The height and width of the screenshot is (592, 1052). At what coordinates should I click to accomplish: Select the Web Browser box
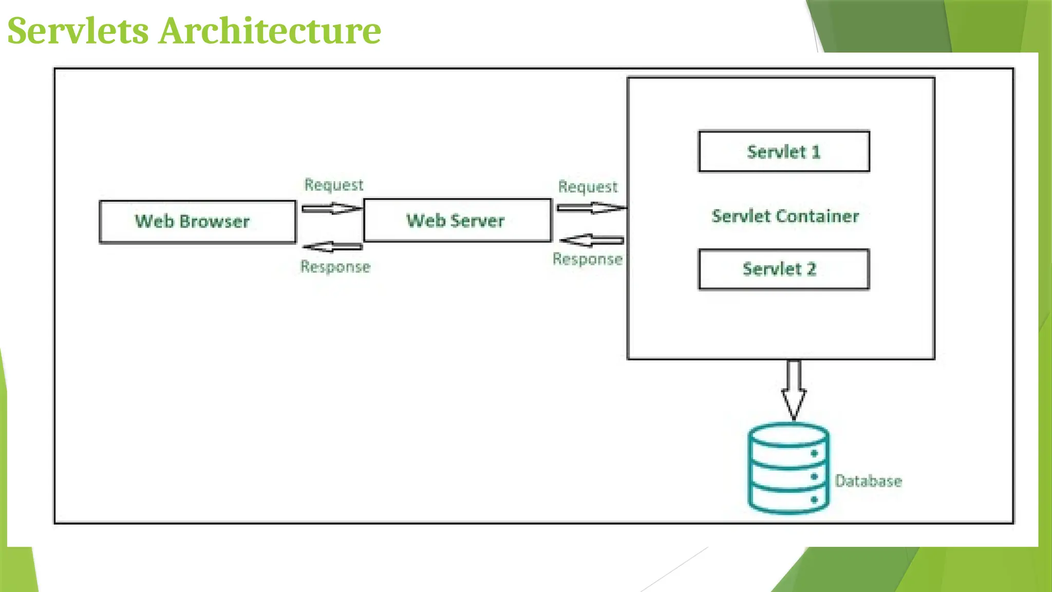(197, 221)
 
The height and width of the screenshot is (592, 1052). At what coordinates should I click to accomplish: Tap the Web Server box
(457, 220)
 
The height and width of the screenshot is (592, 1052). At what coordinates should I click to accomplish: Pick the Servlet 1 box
(784, 152)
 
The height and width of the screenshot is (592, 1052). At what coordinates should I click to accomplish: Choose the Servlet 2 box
(784, 269)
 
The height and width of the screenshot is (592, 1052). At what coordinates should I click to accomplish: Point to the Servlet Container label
(785, 216)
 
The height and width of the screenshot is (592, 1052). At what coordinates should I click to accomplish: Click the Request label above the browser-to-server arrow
(334, 184)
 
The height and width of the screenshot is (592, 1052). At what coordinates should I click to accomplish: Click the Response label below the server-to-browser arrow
(335, 267)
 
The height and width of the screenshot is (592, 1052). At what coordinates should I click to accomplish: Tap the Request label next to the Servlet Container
(588, 187)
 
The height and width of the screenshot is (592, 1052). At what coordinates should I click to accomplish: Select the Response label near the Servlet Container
(588, 259)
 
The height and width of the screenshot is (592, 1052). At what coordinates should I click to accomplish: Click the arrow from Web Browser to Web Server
(331, 208)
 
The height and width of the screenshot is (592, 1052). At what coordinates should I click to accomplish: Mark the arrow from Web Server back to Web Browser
(332, 247)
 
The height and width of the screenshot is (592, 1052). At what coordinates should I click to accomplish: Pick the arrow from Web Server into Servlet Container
(591, 208)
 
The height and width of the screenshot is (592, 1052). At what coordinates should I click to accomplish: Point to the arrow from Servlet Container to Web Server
(592, 240)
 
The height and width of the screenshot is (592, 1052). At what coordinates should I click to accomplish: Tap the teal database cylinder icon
(788, 468)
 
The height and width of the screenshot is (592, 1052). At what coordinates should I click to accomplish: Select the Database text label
(868, 481)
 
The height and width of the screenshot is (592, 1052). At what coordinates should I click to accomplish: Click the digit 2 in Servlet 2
(811, 269)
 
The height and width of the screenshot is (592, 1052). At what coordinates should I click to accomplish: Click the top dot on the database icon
(814, 453)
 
